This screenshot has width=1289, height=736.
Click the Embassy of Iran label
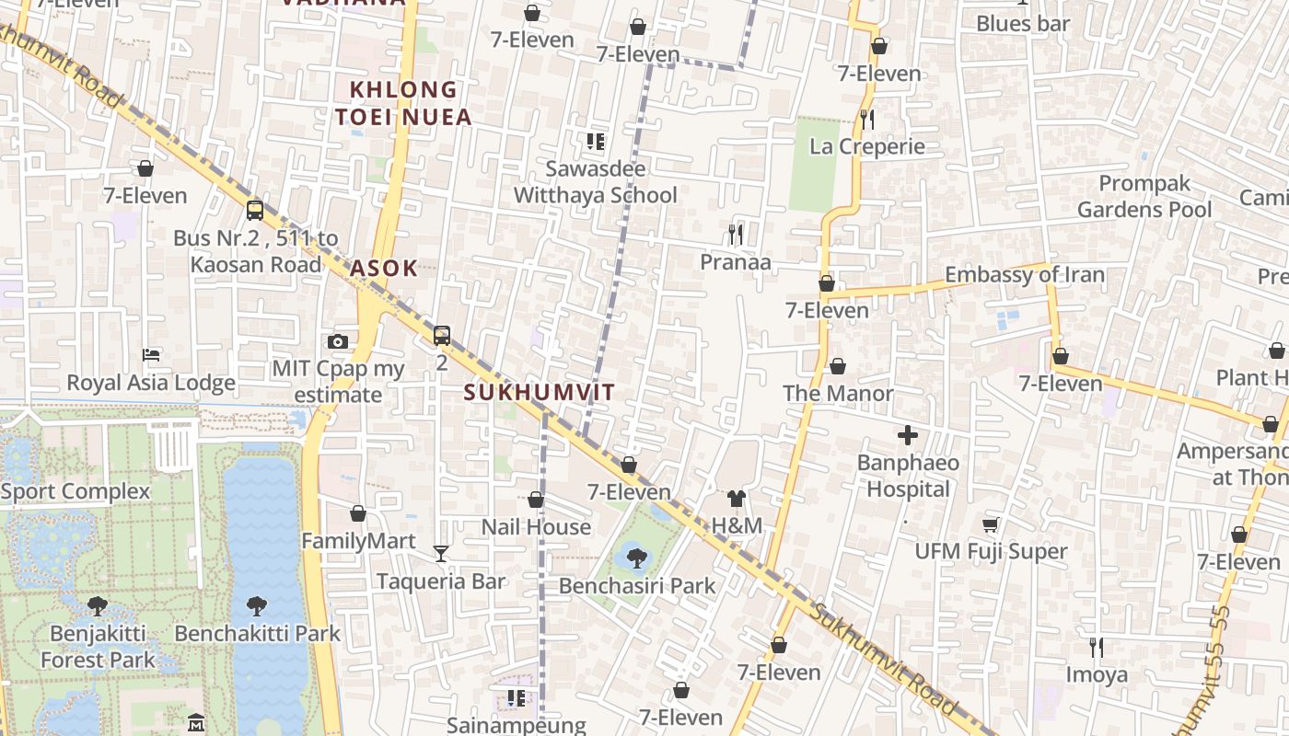tap(1024, 274)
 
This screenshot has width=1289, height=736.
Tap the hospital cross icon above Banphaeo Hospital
tap(908, 435)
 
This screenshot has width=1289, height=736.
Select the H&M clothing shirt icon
tap(736, 499)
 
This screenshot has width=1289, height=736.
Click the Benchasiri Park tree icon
tap(636, 558)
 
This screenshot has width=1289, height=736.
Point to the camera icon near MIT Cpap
tap(338, 342)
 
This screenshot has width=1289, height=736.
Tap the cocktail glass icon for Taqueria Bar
tap(441, 553)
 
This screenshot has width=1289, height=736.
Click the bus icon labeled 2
tap(442, 336)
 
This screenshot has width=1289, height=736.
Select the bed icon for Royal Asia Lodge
tap(151, 355)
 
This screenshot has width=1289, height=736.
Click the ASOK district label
tap(383, 269)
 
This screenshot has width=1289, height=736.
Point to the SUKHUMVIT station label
tap(539, 392)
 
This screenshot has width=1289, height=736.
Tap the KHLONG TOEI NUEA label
tap(403, 103)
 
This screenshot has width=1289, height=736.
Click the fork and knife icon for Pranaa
tap(735, 235)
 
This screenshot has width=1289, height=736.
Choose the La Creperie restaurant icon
tap(866, 119)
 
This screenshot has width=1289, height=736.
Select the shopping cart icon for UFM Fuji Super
tap(991, 524)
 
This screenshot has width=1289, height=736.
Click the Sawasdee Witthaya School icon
tap(595, 142)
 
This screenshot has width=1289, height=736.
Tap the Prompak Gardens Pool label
tap(1144, 196)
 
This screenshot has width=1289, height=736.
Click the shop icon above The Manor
tap(837, 366)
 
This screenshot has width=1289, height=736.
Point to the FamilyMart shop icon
tap(358, 513)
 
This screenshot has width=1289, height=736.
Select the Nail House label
tap(536, 526)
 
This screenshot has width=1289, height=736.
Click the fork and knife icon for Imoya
tap(1096, 648)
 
